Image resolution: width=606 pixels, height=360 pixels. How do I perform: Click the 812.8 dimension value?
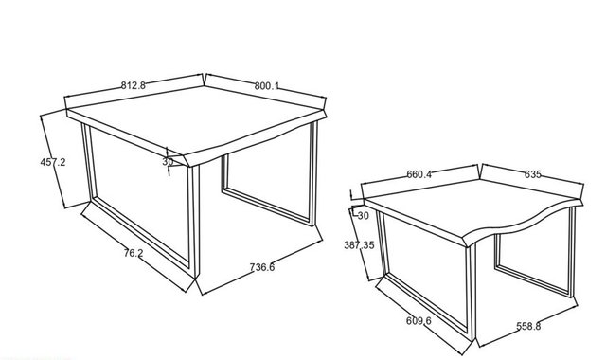(134, 85)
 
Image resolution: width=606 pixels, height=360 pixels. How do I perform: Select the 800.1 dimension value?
(266, 86)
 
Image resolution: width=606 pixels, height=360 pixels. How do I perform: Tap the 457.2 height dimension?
(53, 162)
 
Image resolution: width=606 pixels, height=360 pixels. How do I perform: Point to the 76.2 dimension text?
(134, 253)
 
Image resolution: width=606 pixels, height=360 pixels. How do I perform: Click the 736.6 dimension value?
(262, 267)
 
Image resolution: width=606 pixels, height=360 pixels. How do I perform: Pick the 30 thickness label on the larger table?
(168, 162)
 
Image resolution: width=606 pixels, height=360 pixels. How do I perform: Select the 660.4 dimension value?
(419, 174)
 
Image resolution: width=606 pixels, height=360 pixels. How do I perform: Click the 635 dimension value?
(532, 174)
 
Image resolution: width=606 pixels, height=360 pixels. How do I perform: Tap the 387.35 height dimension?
(359, 245)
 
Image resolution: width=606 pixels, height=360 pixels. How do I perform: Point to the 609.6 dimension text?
(419, 320)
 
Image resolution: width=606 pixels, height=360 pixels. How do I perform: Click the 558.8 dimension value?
(528, 326)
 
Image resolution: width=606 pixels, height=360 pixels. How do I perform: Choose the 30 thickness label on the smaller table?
(364, 216)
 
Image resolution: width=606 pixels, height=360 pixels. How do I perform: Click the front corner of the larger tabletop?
(189, 167)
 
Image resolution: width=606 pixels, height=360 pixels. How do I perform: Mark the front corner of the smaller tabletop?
(467, 245)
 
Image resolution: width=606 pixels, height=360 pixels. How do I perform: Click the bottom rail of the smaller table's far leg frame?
(533, 280)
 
